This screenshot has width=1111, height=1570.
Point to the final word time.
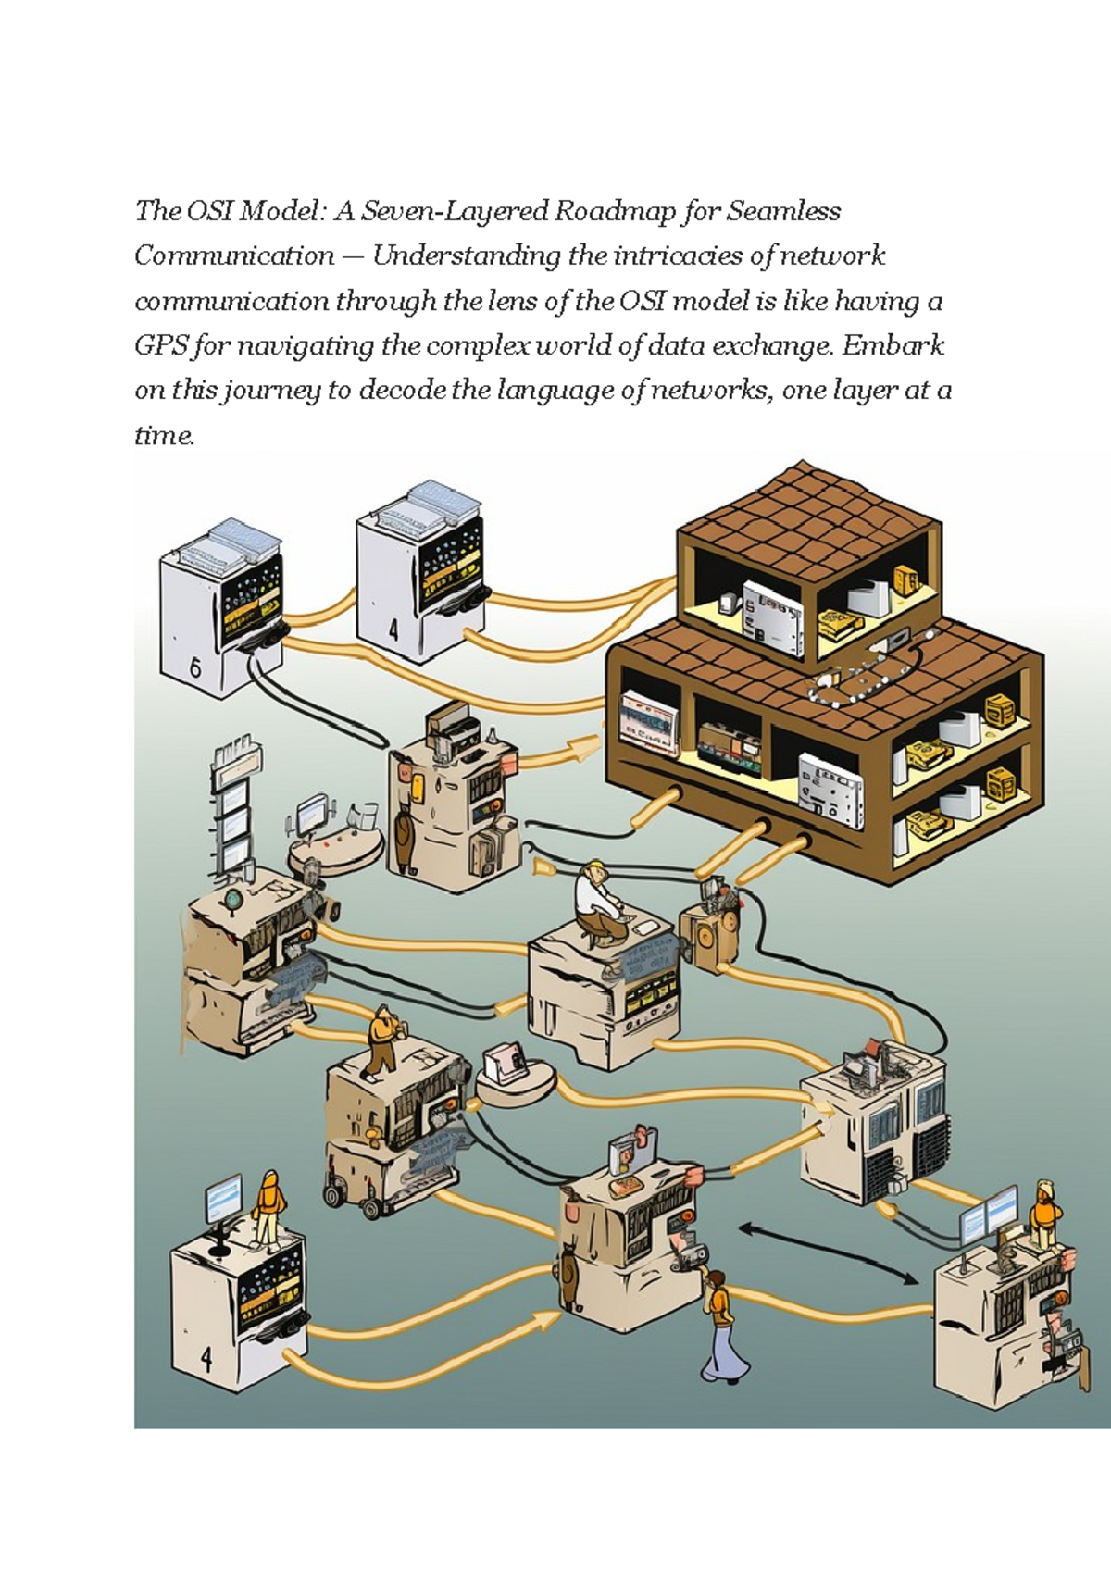164,435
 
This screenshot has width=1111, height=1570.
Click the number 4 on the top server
394,632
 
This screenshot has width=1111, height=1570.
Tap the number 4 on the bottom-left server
206,1359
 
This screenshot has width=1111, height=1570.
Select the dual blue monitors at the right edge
987,1217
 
